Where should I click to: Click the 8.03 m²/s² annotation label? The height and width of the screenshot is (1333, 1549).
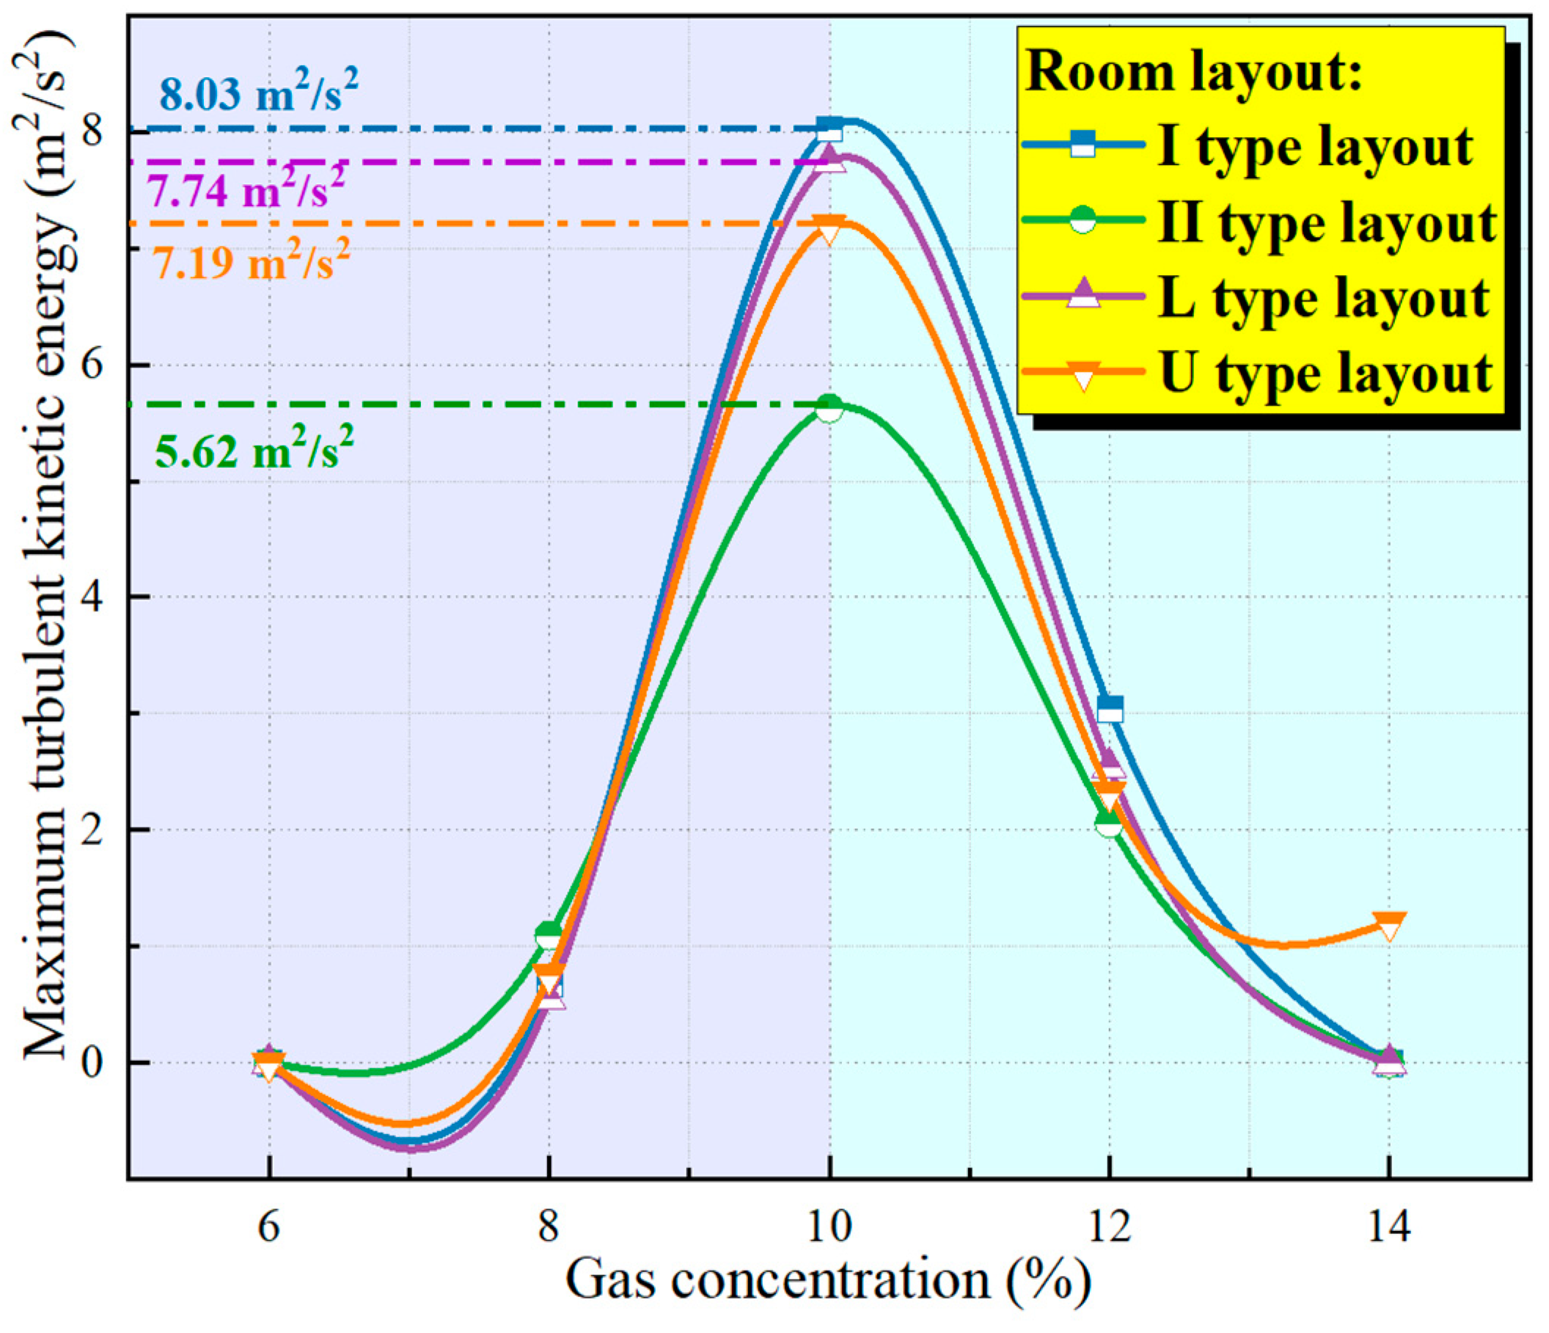[x=258, y=92]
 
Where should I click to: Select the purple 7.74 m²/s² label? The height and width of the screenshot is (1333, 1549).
[x=245, y=190]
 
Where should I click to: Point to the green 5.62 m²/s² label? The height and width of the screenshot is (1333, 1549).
[x=254, y=448]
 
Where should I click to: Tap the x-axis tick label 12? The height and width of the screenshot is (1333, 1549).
[x=1110, y=1227]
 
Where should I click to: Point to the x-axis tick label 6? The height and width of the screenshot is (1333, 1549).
[x=269, y=1227]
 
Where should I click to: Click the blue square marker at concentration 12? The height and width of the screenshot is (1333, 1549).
[x=1110, y=709]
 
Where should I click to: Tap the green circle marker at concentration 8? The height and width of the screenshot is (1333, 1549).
[x=549, y=935]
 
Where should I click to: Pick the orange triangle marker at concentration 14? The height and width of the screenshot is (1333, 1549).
[x=1389, y=927]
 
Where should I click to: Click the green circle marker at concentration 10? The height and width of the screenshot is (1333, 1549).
[x=829, y=409]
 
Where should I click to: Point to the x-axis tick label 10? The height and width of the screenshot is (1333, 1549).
[x=829, y=1227]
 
